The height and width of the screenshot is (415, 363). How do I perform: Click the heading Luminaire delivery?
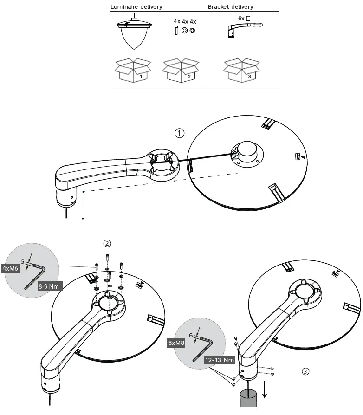(136, 7)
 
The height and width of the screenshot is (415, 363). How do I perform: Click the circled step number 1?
(180, 133)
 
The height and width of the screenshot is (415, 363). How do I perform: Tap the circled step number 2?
(107, 243)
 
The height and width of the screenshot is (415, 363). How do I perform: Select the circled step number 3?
(305, 371)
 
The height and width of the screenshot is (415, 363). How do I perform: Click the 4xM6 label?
(10, 268)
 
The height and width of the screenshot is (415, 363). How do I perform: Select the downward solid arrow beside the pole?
(265, 390)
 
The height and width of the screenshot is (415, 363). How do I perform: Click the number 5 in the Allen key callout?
(22, 261)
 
